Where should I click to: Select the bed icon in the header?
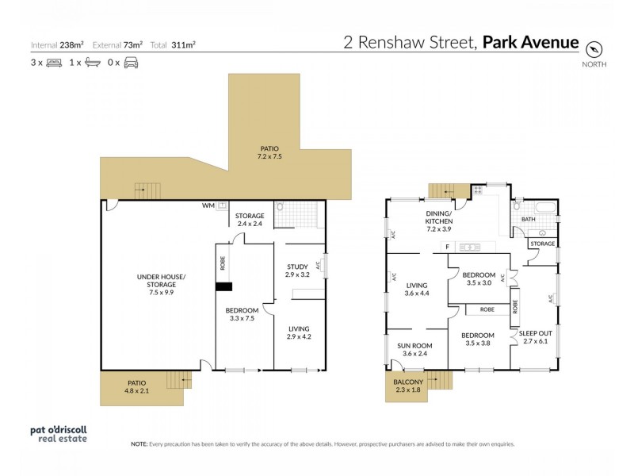[52, 62]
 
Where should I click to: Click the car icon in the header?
[131, 62]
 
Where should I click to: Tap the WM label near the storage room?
[208, 206]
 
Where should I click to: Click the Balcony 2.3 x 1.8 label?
[409, 385]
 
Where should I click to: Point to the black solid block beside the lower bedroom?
[226, 288]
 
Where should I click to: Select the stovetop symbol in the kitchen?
[478, 191]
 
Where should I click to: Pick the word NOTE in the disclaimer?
[140, 444]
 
